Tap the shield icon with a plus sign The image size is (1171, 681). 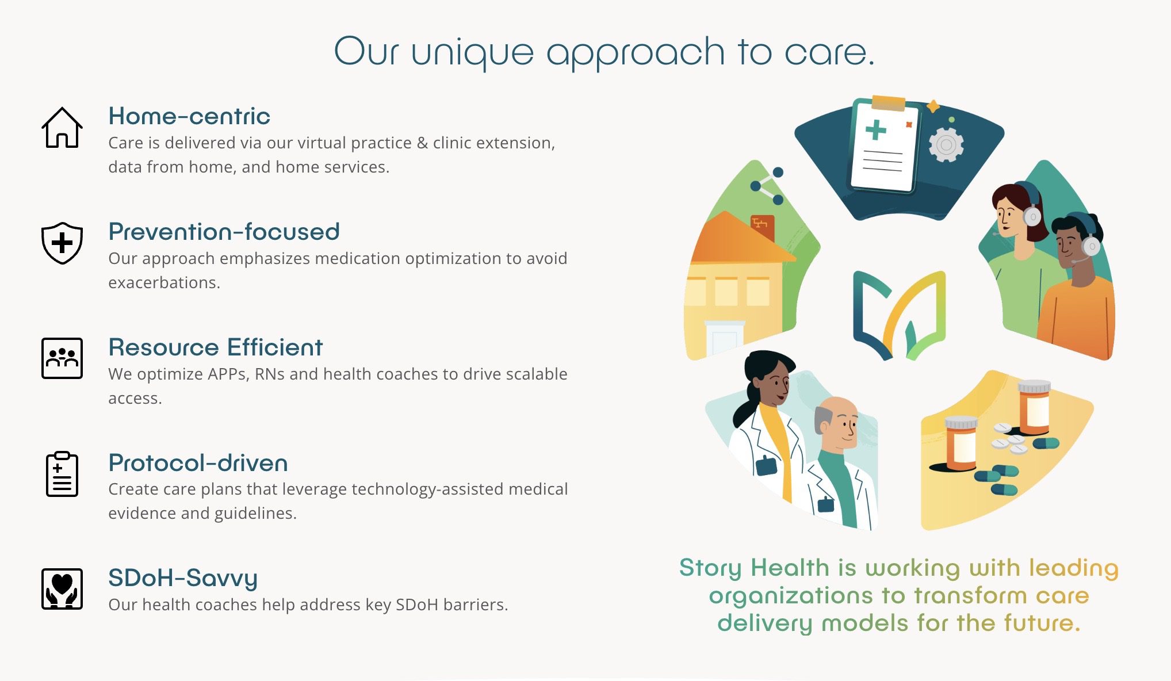(x=62, y=243)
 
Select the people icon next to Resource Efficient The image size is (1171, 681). (x=62, y=358)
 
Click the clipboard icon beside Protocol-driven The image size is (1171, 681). (x=62, y=475)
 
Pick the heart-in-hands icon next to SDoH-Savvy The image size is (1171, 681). (x=62, y=588)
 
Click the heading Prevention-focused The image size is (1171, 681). (x=224, y=232)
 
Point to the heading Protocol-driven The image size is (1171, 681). (x=198, y=463)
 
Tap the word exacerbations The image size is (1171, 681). (x=163, y=283)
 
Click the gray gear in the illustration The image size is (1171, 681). (x=946, y=145)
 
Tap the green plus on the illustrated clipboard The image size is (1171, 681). (x=875, y=129)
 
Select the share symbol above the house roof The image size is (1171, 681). (x=767, y=186)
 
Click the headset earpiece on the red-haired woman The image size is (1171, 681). (x=1032, y=216)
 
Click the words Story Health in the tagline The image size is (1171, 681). (x=753, y=568)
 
